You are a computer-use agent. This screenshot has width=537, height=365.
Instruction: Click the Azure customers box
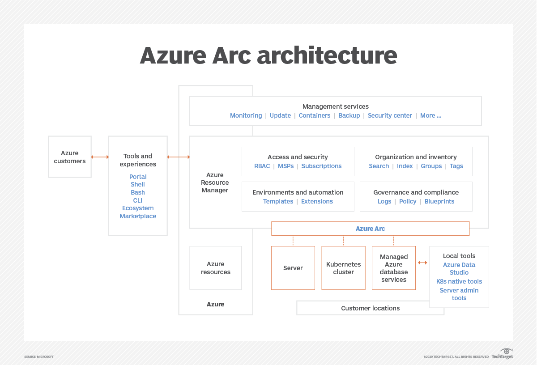[x=70, y=157]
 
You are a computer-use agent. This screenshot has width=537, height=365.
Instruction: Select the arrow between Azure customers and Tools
[x=100, y=157]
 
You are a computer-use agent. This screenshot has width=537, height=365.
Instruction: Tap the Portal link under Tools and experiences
[x=138, y=177]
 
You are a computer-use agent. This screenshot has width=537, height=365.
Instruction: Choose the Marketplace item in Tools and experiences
[x=138, y=216]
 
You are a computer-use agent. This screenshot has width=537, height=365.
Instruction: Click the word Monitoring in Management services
[x=246, y=115]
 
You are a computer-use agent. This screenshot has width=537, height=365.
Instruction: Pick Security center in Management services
[x=390, y=115]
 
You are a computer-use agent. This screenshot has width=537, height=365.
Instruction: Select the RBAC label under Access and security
[x=262, y=166]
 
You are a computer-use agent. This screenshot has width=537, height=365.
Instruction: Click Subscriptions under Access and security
[x=321, y=166]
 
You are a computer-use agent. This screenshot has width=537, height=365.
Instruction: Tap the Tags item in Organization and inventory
[x=456, y=166]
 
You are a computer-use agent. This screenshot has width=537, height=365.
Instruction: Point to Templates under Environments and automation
[x=278, y=201]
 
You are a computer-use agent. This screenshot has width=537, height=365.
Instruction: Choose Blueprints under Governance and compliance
[x=439, y=201]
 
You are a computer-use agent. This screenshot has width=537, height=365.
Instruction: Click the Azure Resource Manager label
[x=215, y=182]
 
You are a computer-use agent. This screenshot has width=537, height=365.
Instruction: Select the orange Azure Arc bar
[x=370, y=229]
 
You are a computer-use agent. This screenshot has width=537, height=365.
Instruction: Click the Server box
[x=293, y=268]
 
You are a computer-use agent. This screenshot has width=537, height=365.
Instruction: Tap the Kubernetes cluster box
[x=344, y=268]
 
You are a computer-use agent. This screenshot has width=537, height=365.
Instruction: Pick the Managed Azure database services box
[x=394, y=268]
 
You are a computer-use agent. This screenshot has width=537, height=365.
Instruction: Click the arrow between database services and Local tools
[x=422, y=263]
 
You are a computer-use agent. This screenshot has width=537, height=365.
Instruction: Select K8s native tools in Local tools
[x=459, y=281]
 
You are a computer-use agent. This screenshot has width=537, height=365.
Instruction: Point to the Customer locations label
[x=370, y=308]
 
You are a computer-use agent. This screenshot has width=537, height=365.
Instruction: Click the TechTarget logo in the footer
[x=502, y=354]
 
